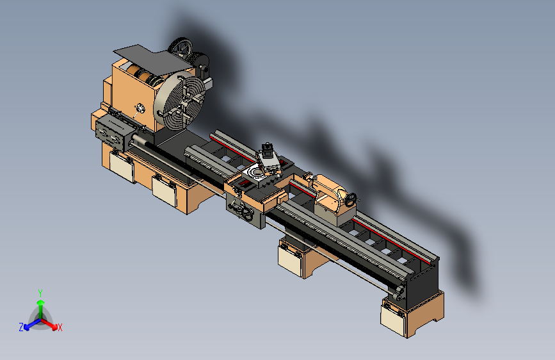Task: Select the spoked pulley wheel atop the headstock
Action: (181, 47)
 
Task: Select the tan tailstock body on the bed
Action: (333, 199)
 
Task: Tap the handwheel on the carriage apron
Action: (246, 214)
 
